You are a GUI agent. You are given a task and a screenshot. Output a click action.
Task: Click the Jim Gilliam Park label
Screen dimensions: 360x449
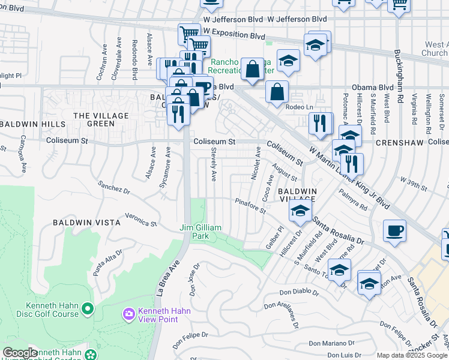point(201,232)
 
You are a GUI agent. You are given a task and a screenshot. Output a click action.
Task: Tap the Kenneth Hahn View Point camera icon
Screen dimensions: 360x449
point(128,314)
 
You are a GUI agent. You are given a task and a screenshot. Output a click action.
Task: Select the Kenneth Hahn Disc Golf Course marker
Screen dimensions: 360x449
point(88,310)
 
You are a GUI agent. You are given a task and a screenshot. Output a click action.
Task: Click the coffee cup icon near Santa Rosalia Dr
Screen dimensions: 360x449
point(394,231)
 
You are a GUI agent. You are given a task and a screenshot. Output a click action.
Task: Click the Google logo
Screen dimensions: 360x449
point(20,353)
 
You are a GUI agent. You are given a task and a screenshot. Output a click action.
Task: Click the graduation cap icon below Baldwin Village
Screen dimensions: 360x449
point(300,210)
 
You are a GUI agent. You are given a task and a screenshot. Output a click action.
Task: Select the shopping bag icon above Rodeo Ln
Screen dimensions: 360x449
point(277,92)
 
